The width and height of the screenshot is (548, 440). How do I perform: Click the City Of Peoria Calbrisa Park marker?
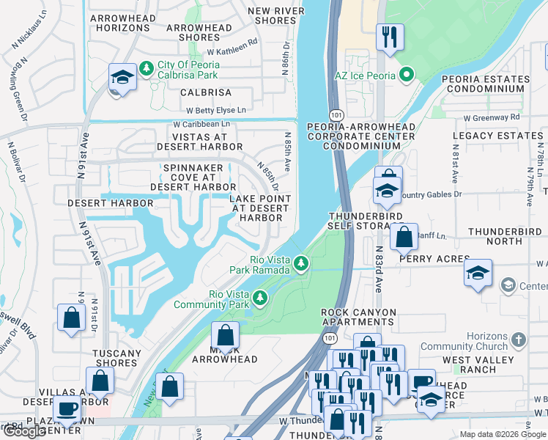click(x=147, y=68)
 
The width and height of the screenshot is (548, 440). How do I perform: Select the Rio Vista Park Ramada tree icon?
click(x=300, y=263)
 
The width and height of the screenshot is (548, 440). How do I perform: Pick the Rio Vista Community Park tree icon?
click(x=259, y=298)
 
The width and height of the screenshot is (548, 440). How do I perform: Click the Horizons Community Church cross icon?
click(x=519, y=340)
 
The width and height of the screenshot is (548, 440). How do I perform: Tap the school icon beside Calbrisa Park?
click(x=122, y=78)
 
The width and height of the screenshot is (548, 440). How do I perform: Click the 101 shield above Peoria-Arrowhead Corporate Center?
click(x=334, y=115)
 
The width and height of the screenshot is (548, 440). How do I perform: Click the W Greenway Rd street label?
click(x=490, y=117)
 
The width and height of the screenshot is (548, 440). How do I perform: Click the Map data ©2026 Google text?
click(x=502, y=434)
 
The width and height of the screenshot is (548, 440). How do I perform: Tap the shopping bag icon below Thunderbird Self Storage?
click(x=403, y=237)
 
